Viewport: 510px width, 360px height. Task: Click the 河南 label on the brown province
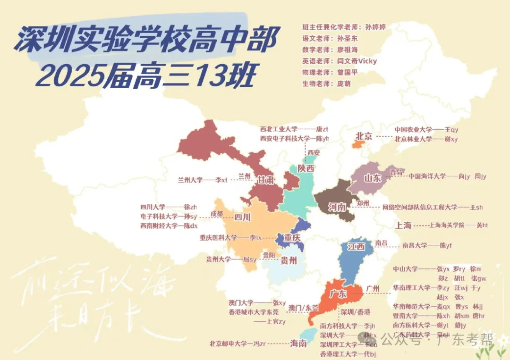click(337, 207)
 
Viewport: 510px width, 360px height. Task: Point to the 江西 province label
click(356, 246)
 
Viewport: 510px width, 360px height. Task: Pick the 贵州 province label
click(289, 260)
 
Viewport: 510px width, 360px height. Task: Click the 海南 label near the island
click(298, 343)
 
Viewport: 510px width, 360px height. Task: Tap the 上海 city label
click(404, 225)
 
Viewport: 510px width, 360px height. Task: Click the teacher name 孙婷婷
click(375, 27)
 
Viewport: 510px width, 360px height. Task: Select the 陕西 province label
click(306, 168)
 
